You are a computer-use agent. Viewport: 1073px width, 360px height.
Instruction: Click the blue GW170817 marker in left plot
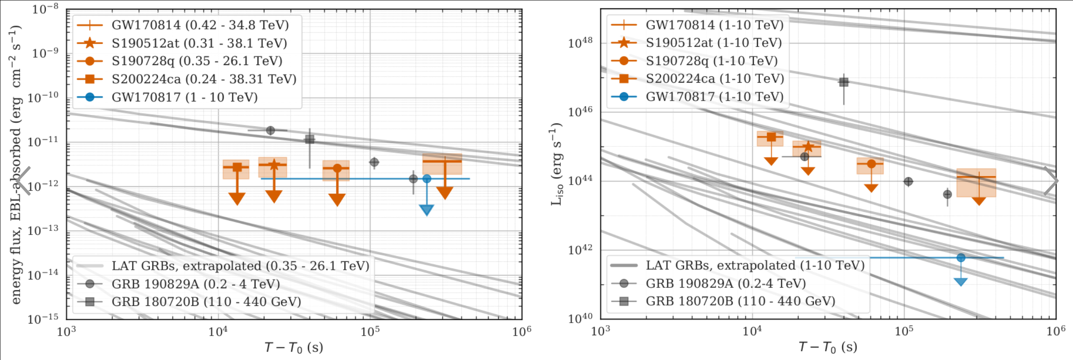(x=427, y=179)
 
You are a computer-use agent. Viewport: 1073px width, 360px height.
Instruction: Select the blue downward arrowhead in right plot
(x=961, y=282)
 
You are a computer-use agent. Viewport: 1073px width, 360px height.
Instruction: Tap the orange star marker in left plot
(x=274, y=165)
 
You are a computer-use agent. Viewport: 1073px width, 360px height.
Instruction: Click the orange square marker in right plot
(x=771, y=137)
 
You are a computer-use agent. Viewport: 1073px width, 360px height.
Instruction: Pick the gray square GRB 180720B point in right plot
(x=843, y=82)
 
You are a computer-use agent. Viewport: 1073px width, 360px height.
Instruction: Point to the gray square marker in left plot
(x=310, y=139)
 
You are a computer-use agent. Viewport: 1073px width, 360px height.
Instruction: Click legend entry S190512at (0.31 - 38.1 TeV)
(x=199, y=43)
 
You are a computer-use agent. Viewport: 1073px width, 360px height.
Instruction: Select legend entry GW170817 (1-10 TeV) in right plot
(x=714, y=97)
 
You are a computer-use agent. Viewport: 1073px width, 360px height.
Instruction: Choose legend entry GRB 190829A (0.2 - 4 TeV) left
(x=196, y=284)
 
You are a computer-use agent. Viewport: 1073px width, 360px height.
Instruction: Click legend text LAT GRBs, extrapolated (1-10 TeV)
(x=755, y=266)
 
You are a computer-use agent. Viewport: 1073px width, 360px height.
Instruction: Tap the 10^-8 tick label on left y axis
(x=45, y=9)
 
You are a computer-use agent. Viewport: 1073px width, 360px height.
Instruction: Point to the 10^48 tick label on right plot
(x=580, y=42)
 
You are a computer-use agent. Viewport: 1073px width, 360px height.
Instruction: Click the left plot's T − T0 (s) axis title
(x=294, y=347)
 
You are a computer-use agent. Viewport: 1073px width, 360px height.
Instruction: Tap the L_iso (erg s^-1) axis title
(x=556, y=164)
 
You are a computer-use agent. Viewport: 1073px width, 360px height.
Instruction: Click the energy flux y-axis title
(x=16, y=164)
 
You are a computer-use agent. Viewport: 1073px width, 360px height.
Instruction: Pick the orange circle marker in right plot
(x=872, y=164)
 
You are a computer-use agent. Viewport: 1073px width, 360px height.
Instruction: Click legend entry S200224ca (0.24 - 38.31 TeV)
(x=204, y=79)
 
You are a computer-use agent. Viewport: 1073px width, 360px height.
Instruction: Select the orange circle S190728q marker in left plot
(x=337, y=168)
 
